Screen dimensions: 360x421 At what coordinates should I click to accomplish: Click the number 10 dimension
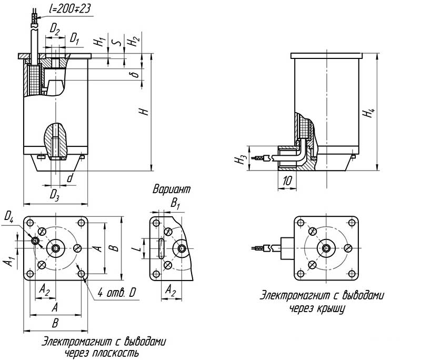click(287, 181)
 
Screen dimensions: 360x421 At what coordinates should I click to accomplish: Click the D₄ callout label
click(9, 215)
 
